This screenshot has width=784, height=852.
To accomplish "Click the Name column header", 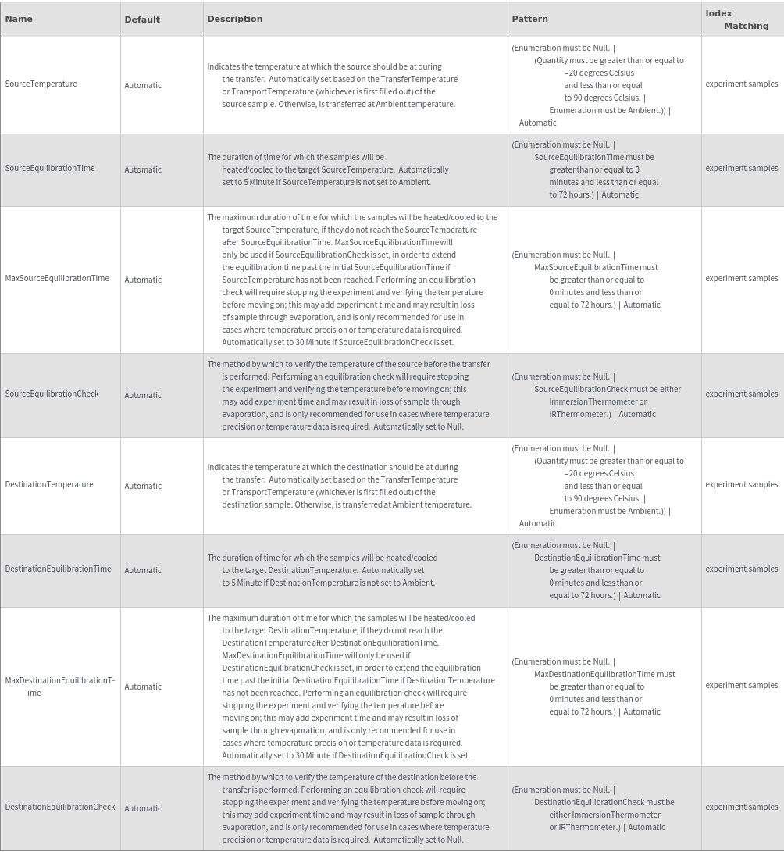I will coord(19,19).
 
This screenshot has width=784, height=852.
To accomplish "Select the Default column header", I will coord(142,20).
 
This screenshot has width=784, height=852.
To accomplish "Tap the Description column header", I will coord(235,19).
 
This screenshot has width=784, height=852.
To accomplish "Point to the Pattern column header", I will coord(529,19).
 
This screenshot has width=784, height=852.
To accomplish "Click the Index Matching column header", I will coord(736,20).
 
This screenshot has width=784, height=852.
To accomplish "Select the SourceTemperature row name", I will coord(41,84).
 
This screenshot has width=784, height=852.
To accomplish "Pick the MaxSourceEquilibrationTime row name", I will coord(57,278).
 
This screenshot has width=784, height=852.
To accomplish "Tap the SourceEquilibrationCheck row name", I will coord(52,394).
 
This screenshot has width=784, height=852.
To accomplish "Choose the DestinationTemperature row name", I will coord(49,484).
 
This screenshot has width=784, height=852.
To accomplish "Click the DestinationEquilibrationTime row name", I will coord(58,569).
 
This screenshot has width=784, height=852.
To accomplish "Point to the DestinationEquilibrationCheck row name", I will coord(60,807).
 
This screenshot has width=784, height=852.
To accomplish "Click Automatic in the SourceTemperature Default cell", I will coord(143,85).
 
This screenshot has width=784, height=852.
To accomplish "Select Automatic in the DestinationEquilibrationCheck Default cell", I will coord(143,808).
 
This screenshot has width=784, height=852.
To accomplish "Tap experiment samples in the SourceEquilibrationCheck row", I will coord(741,394).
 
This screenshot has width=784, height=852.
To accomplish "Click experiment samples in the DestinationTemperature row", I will coord(741,484).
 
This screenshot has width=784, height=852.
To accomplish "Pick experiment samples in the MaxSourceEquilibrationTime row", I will coord(741,278).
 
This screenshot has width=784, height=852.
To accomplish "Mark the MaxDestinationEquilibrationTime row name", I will coord(59,686).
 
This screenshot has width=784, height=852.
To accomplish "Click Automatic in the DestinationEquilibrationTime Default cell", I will coord(143,570).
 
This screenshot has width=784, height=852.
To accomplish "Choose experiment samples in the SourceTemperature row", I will coord(741,84).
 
